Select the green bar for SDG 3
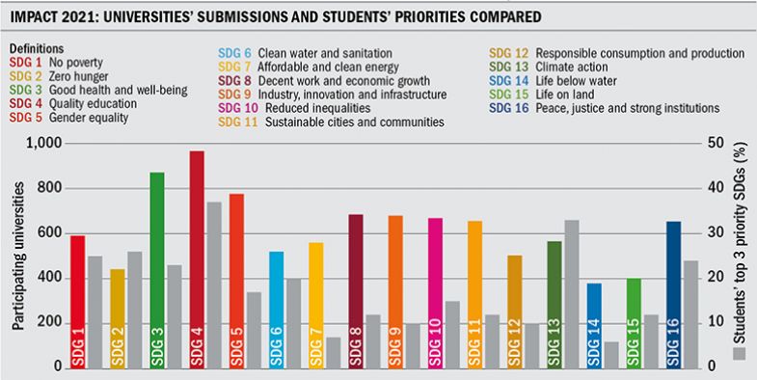pyautogui.click(x=157, y=270)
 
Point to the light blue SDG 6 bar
pyautogui.click(x=276, y=309)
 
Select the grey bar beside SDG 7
pyautogui.click(x=334, y=352)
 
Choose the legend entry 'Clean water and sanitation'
pyautogui.click(x=279, y=52)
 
